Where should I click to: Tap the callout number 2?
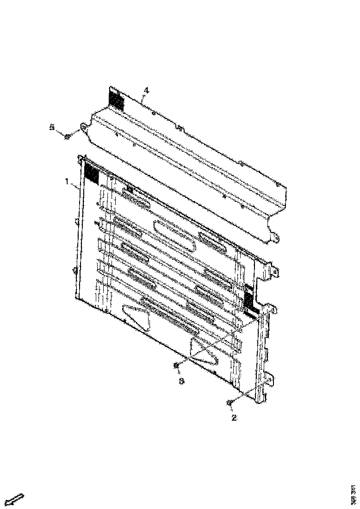click(234, 417)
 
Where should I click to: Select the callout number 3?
click(182, 381)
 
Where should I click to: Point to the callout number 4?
click(146, 90)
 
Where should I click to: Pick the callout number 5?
click(53, 127)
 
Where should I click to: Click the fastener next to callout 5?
click(67, 136)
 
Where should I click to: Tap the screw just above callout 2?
click(230, 403)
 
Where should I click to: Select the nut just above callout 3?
click(176, 366)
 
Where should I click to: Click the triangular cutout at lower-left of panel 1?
click(137, 317)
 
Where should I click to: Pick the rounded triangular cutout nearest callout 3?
click(204, 352)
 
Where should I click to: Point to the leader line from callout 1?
click(75, 185)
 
